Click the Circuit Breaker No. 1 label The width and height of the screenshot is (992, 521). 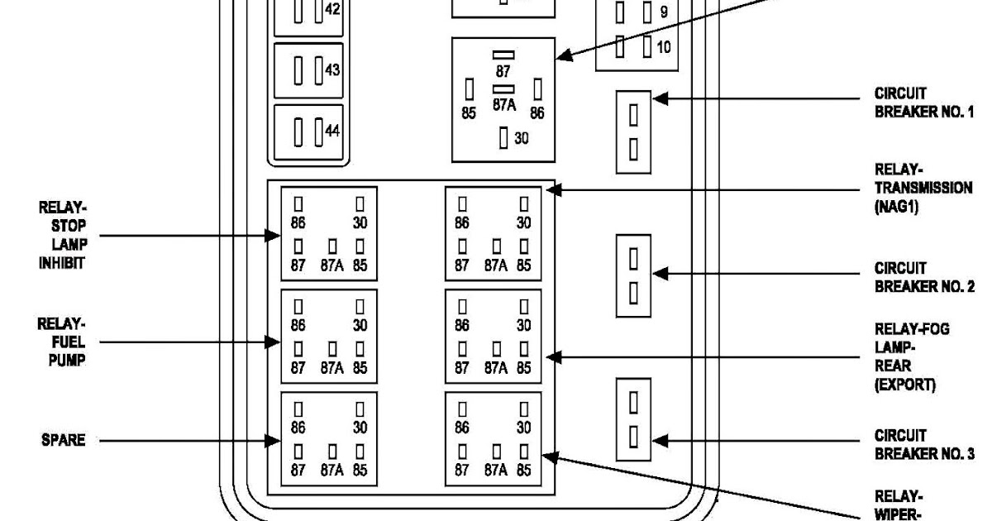pyautogui.click(x=924, y=103)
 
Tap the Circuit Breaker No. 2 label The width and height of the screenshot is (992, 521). pyautogui.click(x=924, y=277)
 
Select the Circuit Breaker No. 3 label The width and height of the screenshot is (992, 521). pyautogui.click(x=924, y=444)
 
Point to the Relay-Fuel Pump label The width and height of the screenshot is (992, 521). pyautogui.click(x=61, y=342)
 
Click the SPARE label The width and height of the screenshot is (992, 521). pyautogui.click(x=64, y=440)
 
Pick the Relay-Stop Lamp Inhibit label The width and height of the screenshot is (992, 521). pyautogui.click(x=63, y=235)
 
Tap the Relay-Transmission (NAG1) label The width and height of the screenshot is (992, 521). pyautogui.click(x=923, y=188)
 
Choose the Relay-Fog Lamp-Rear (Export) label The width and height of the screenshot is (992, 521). pyautogui.click(x=912, y=357)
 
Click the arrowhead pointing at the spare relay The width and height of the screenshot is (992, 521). pyautogui.click(x=272, y=441)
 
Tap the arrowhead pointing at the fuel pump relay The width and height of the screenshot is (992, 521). pyautogui.click(x=272, y=342)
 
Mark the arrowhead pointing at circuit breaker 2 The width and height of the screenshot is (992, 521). pyautogui.click(x=661, y=274)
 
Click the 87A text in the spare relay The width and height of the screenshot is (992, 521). pyautogui.click(x=332, y=470)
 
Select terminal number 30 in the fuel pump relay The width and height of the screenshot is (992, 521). pyautogui.click(x=360, y=326)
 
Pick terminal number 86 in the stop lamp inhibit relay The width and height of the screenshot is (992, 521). pyautogui.click(x=298, y=222)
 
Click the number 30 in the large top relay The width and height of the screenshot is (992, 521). pyautogui.click(x=522, y=139)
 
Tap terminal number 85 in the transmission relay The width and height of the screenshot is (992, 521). pyautogui.click(x=523, y=265)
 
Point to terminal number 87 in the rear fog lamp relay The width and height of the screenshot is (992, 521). pyautogui.click(x=461, y=368)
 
